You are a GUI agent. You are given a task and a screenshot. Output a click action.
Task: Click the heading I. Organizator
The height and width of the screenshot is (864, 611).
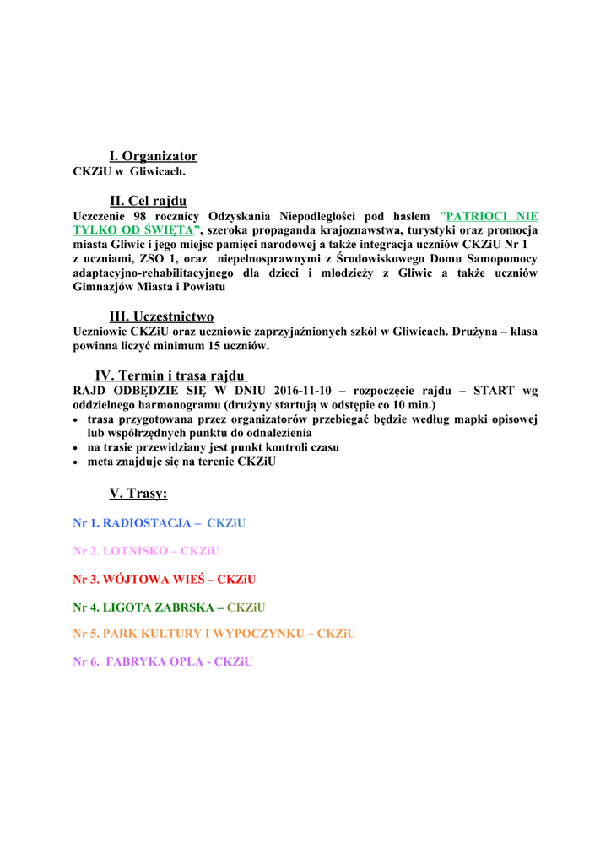(153, 156)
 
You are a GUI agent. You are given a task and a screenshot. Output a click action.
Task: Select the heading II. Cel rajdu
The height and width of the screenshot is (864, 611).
(148, 201)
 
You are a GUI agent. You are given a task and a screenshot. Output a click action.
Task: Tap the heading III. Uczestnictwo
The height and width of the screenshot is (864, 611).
(161, 316)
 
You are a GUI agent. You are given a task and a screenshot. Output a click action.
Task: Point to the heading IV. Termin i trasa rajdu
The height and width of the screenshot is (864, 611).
(170, 375)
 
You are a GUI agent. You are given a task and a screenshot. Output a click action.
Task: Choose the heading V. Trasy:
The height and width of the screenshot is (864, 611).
(138, 493)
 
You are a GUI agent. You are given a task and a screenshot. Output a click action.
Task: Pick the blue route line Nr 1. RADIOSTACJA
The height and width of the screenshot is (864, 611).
(159, 523)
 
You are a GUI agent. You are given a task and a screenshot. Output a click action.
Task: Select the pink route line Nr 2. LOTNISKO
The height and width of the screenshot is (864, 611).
(146, 551)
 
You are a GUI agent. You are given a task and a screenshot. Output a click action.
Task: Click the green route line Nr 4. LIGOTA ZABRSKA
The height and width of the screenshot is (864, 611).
(169, 607)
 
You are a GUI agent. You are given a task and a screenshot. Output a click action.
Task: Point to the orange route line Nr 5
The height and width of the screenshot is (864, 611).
(214, 634)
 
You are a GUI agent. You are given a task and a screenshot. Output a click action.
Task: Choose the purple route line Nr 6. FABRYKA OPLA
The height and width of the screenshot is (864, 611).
(162, 661)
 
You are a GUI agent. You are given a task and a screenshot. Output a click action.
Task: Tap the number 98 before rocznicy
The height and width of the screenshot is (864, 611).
(141, 216)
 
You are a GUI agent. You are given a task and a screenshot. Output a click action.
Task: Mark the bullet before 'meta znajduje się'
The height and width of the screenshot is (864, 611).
(78, 462)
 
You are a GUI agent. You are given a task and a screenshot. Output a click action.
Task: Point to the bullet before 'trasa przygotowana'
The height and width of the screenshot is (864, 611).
(78, 419)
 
